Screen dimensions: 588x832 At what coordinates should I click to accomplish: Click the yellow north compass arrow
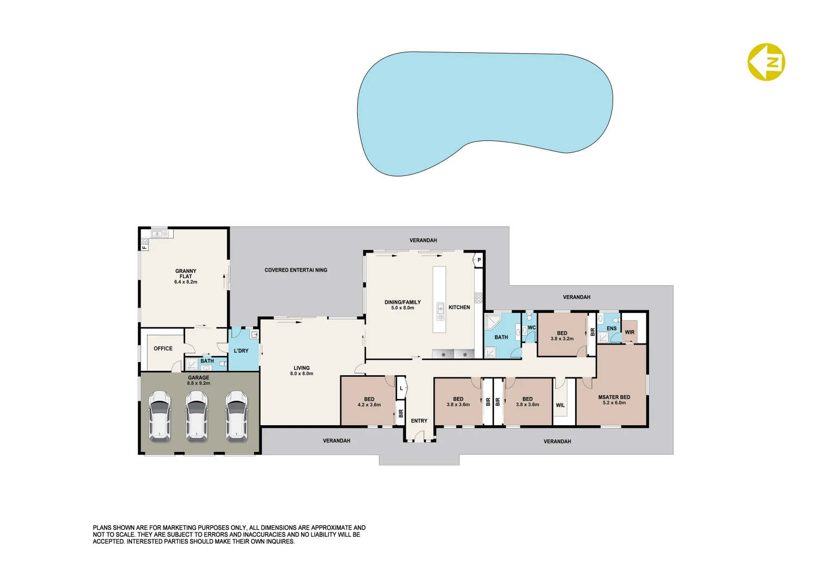766,62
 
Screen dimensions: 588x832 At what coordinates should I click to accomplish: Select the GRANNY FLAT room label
186,276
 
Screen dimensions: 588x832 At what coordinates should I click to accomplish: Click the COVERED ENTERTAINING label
296,270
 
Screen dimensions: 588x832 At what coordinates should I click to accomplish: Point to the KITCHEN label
459,308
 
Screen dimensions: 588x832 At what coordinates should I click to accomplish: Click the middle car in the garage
197,415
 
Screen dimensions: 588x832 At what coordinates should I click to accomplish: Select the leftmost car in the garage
160,415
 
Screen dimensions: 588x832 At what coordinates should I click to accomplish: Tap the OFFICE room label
163,348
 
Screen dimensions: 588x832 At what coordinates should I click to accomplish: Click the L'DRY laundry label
241,351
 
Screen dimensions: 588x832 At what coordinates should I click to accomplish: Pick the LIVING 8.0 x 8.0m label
302,371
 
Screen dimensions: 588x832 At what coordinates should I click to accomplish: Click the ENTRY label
419,421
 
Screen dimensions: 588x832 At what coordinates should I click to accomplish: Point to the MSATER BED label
614,400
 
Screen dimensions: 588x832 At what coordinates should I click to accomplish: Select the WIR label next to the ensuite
629,332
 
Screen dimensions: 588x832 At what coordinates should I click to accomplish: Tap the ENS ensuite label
611,328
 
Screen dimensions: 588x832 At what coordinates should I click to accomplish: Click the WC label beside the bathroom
531,328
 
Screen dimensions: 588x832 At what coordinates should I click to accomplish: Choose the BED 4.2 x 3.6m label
369,402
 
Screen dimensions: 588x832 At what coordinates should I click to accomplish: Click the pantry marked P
479,260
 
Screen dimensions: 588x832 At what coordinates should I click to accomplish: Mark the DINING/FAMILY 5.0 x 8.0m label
402,305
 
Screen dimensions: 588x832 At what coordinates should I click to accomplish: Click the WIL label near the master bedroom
560,406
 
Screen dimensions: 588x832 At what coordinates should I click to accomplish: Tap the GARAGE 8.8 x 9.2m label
199,380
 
